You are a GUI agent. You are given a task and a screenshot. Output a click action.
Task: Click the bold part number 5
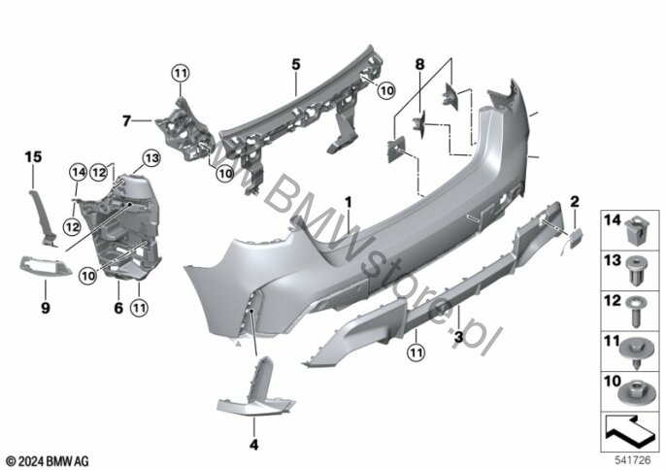296,65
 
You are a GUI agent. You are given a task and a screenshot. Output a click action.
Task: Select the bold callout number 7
126,121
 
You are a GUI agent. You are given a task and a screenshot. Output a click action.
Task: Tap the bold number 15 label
33,156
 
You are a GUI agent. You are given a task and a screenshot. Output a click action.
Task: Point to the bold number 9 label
46,307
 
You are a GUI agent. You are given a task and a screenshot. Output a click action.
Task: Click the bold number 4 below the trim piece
253,445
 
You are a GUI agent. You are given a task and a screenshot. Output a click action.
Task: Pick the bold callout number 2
575,201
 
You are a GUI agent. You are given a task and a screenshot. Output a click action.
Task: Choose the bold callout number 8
419,64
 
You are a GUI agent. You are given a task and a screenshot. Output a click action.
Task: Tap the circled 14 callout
78,172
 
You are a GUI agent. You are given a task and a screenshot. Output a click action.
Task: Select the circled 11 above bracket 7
181,74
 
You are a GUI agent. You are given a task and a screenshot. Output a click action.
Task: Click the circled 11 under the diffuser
416,352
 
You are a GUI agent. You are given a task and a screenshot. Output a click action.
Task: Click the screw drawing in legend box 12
636,312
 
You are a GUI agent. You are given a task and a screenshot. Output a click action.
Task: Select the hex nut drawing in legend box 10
636,394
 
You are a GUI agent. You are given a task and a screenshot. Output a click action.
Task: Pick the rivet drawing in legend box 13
636,270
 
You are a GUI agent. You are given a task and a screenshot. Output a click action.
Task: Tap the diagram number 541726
633,460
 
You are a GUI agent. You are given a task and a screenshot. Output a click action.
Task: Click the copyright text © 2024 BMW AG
48,461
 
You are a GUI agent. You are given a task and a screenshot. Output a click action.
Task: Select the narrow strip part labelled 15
44,218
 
